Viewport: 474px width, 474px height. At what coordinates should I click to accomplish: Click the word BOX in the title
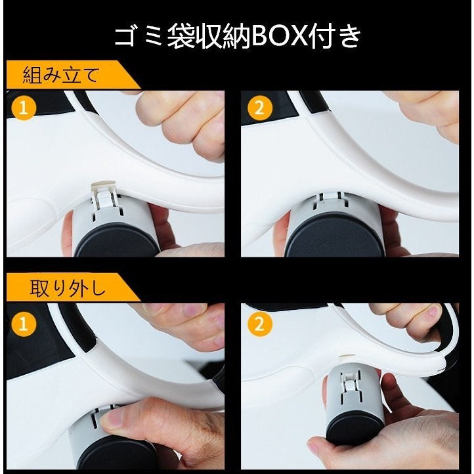(278, 36)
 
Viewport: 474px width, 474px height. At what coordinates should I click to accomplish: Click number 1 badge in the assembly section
(24, 108)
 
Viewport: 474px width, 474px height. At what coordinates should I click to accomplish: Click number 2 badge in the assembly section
(259, 108)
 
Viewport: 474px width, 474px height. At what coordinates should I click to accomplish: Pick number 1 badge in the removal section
(24, 324)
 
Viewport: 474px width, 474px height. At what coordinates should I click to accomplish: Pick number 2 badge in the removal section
(259, 324)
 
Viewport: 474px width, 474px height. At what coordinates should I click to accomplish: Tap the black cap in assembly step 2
(335, 236)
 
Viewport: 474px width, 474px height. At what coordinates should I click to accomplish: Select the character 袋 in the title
(181, 36)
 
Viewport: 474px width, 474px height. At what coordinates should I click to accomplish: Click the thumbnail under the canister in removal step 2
(316, 447)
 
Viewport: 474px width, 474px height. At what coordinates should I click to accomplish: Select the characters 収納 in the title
(223, 36)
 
